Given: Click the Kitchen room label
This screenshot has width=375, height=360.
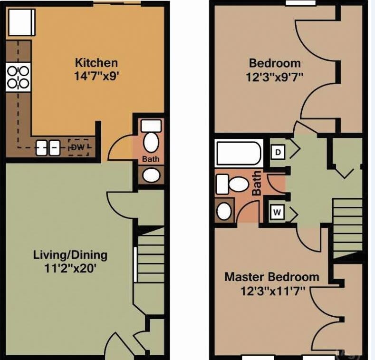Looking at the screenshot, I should (96, 62).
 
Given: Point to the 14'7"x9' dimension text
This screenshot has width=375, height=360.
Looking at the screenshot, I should (96, 76).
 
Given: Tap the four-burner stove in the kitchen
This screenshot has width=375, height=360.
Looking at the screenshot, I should (18, 78).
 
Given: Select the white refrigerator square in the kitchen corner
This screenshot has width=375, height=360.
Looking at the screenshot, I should (20, 22).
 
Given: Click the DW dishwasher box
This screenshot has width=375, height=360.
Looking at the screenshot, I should (79, 147).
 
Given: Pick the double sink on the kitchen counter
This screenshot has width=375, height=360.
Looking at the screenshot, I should (48, 147).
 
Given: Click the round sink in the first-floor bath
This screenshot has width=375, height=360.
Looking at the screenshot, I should (152, 175).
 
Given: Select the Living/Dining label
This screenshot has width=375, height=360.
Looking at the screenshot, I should (70, 254).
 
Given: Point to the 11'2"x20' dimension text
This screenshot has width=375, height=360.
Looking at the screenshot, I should (70, 268).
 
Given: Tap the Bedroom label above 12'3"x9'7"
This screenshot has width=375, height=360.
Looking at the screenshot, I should (275, 63).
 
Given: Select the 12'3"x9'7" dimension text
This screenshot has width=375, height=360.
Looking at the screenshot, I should (275, 76).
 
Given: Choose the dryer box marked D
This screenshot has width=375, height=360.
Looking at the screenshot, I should (278, 152).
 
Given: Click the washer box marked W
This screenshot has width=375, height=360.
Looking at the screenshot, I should (278, 212).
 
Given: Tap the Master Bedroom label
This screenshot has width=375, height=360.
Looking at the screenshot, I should (272, 277).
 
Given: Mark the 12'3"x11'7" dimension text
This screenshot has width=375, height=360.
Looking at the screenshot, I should (272, 290).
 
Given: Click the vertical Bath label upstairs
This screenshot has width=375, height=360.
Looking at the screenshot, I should (257, 183).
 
